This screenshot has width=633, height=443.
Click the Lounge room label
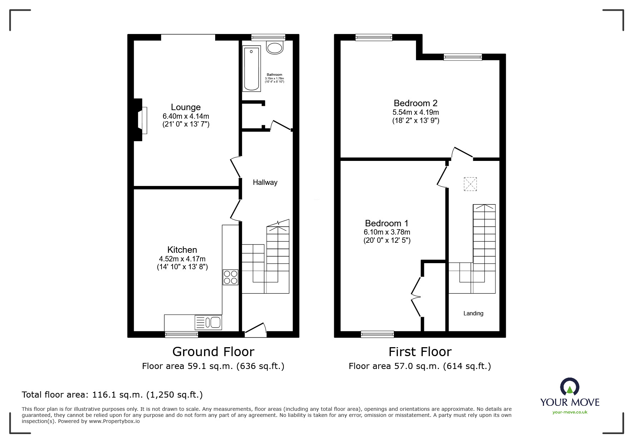coord(186,107)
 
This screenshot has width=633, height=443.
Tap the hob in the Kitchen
coord(231,277)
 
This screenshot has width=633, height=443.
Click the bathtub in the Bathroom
coord(251,68)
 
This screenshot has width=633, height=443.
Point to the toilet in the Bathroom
coord(275,47)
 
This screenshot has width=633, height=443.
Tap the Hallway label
coord(265,182)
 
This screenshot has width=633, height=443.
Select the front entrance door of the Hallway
coord(256,330)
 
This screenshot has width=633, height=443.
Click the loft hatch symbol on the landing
coord(470,184)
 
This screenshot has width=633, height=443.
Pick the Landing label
coord(473,314)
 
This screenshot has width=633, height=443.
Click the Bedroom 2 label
coord(415,103)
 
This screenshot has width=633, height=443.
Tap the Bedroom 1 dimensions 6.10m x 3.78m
coord(387,232)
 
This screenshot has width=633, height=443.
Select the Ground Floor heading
coord(213,352)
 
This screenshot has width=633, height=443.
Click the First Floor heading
coord(420,352)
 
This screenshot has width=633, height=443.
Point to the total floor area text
coord(112,395)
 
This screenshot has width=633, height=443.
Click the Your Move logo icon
coord(569,387)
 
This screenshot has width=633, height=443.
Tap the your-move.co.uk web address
coord(570,412)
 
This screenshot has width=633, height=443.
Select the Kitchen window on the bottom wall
coord(182,335)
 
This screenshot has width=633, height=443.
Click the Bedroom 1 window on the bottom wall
coord(377,334)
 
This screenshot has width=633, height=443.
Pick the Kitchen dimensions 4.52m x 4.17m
coord(182,259)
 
